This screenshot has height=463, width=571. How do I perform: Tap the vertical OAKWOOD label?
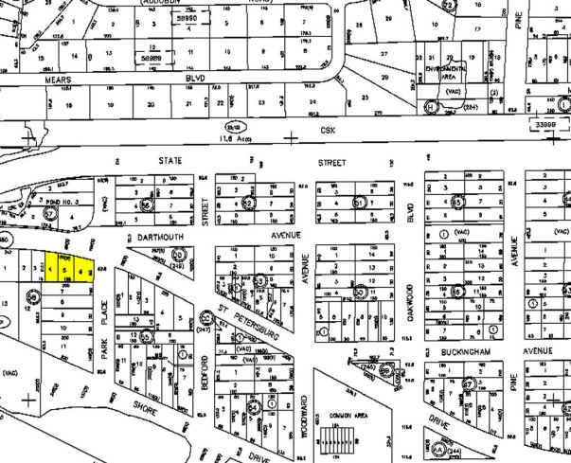coord(411,304)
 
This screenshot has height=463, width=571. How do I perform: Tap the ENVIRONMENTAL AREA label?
coord(444,73)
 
